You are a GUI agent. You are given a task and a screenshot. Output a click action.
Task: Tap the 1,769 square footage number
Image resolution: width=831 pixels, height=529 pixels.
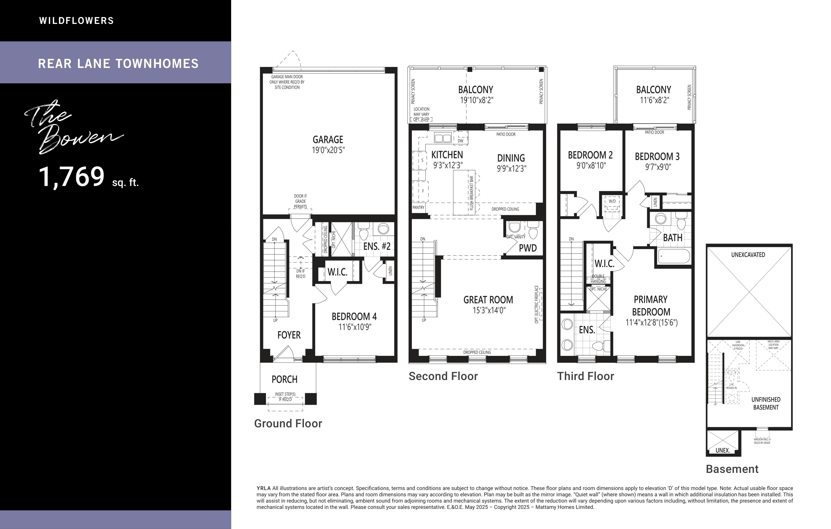(x=72, y=176)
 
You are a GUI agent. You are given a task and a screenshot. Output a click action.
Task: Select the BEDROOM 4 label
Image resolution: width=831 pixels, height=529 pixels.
(x=354, y=316)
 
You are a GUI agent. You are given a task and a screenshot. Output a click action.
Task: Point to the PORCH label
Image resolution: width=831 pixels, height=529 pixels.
(x=284, y=380)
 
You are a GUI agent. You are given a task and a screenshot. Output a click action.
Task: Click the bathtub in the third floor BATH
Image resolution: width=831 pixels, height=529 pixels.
(x=674, y=256)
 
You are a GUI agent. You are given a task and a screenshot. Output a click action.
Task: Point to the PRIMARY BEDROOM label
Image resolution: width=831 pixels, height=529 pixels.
(x=651, y=306)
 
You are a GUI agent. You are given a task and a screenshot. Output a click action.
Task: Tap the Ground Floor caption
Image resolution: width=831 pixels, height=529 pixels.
(x=288, y=424)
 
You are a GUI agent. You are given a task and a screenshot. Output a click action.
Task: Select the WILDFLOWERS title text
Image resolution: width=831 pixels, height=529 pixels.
(x=77, y=21)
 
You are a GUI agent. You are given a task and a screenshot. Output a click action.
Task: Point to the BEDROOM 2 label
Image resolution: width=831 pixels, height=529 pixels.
(x=590, y=155)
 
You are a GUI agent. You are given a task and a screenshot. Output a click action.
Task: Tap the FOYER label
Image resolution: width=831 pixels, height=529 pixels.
(x=289, y=335)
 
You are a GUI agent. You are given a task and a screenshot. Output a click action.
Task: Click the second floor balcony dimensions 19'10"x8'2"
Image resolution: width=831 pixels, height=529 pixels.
(x=477, y=100)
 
